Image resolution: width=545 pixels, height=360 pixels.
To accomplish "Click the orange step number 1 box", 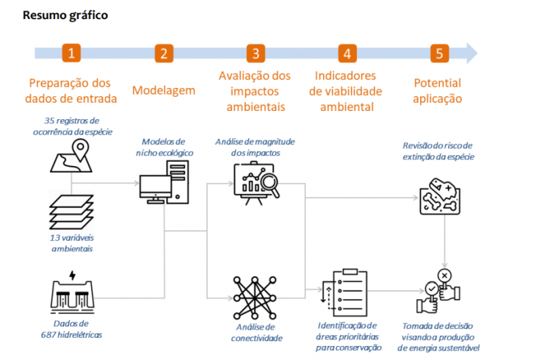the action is tap(71, 53).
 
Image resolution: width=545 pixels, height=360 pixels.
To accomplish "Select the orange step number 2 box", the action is tap(164, 53).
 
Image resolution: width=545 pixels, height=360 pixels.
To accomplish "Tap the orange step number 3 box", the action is tap(256, 53).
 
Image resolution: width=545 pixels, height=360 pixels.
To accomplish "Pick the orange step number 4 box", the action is tap(347, 53).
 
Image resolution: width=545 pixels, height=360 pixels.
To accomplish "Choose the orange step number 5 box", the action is tap(439, 53).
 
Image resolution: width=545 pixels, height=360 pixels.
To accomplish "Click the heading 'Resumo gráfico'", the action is tap(65, 15).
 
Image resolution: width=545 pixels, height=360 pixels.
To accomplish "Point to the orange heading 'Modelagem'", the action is tap(164, 90).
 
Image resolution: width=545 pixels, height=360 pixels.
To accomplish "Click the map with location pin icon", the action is tap(71, 156).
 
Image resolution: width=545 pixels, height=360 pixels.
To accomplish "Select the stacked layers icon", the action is tap(71, 212).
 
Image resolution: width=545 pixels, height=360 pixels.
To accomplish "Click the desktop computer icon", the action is tap(164, 182).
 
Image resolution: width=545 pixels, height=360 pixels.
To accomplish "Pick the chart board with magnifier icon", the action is tap(256, 184).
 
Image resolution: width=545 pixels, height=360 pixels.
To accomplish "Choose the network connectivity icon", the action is tap(255, 298).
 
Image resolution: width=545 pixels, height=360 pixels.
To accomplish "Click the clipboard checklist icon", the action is tap(344, 292).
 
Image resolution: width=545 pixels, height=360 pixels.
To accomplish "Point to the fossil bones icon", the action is tap(440, 196).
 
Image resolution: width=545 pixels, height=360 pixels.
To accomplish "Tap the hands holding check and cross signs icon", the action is tap(438, 292).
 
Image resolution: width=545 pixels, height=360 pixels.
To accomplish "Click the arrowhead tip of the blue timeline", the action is tap(477, 53).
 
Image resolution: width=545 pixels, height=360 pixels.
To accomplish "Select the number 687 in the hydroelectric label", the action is tap(48, 335).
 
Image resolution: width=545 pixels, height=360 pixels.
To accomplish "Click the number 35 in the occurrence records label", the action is tap(49, 120).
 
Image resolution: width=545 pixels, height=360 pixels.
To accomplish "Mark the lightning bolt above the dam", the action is tap(72, 275).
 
